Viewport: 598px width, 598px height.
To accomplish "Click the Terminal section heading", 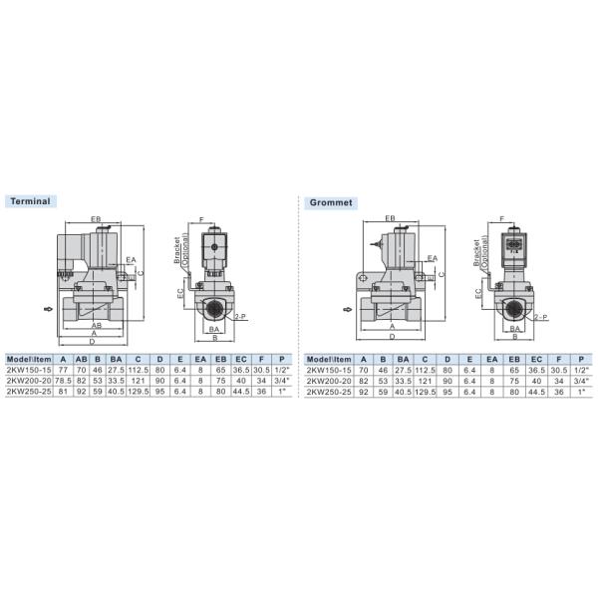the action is tap(30, 201).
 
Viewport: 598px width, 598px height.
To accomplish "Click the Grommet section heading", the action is tap(331, 202).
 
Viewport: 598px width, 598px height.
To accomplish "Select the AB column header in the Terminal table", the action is tap(82, 359).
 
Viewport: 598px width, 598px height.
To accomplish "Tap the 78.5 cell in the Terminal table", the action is tap(63, 381).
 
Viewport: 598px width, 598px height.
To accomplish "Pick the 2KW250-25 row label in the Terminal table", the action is tap(29, 392).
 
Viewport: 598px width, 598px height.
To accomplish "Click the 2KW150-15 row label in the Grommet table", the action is tap(329, 370).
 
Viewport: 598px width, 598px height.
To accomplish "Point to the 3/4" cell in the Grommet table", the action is tap(581, 381).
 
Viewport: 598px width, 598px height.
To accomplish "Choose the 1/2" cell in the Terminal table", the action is tap(282, 370).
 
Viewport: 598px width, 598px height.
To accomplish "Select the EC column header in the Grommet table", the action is tap(536, 359).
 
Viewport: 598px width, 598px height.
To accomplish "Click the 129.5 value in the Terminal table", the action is tap(139, 392).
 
